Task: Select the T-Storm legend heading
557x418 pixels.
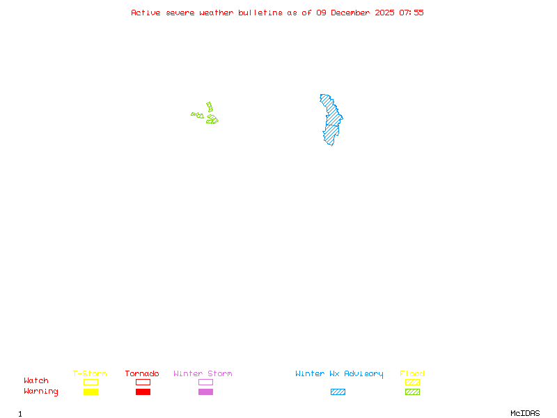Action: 90,373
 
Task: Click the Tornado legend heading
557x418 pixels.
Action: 142,373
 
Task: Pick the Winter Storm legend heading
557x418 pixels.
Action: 203,373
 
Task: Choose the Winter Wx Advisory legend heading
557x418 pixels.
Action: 339,373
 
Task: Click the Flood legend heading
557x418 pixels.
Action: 412,373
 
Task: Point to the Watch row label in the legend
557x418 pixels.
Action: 36,381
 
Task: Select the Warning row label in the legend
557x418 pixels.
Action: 41,392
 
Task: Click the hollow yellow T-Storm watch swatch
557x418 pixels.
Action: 91,382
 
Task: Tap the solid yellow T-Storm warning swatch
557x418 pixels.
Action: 91,392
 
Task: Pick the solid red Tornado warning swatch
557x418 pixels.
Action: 143,392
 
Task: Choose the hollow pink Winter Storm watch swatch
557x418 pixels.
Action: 205,382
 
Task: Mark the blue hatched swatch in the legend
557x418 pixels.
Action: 338,392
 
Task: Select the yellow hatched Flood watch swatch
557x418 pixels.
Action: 412,382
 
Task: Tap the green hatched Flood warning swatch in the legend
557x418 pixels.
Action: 412,392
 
